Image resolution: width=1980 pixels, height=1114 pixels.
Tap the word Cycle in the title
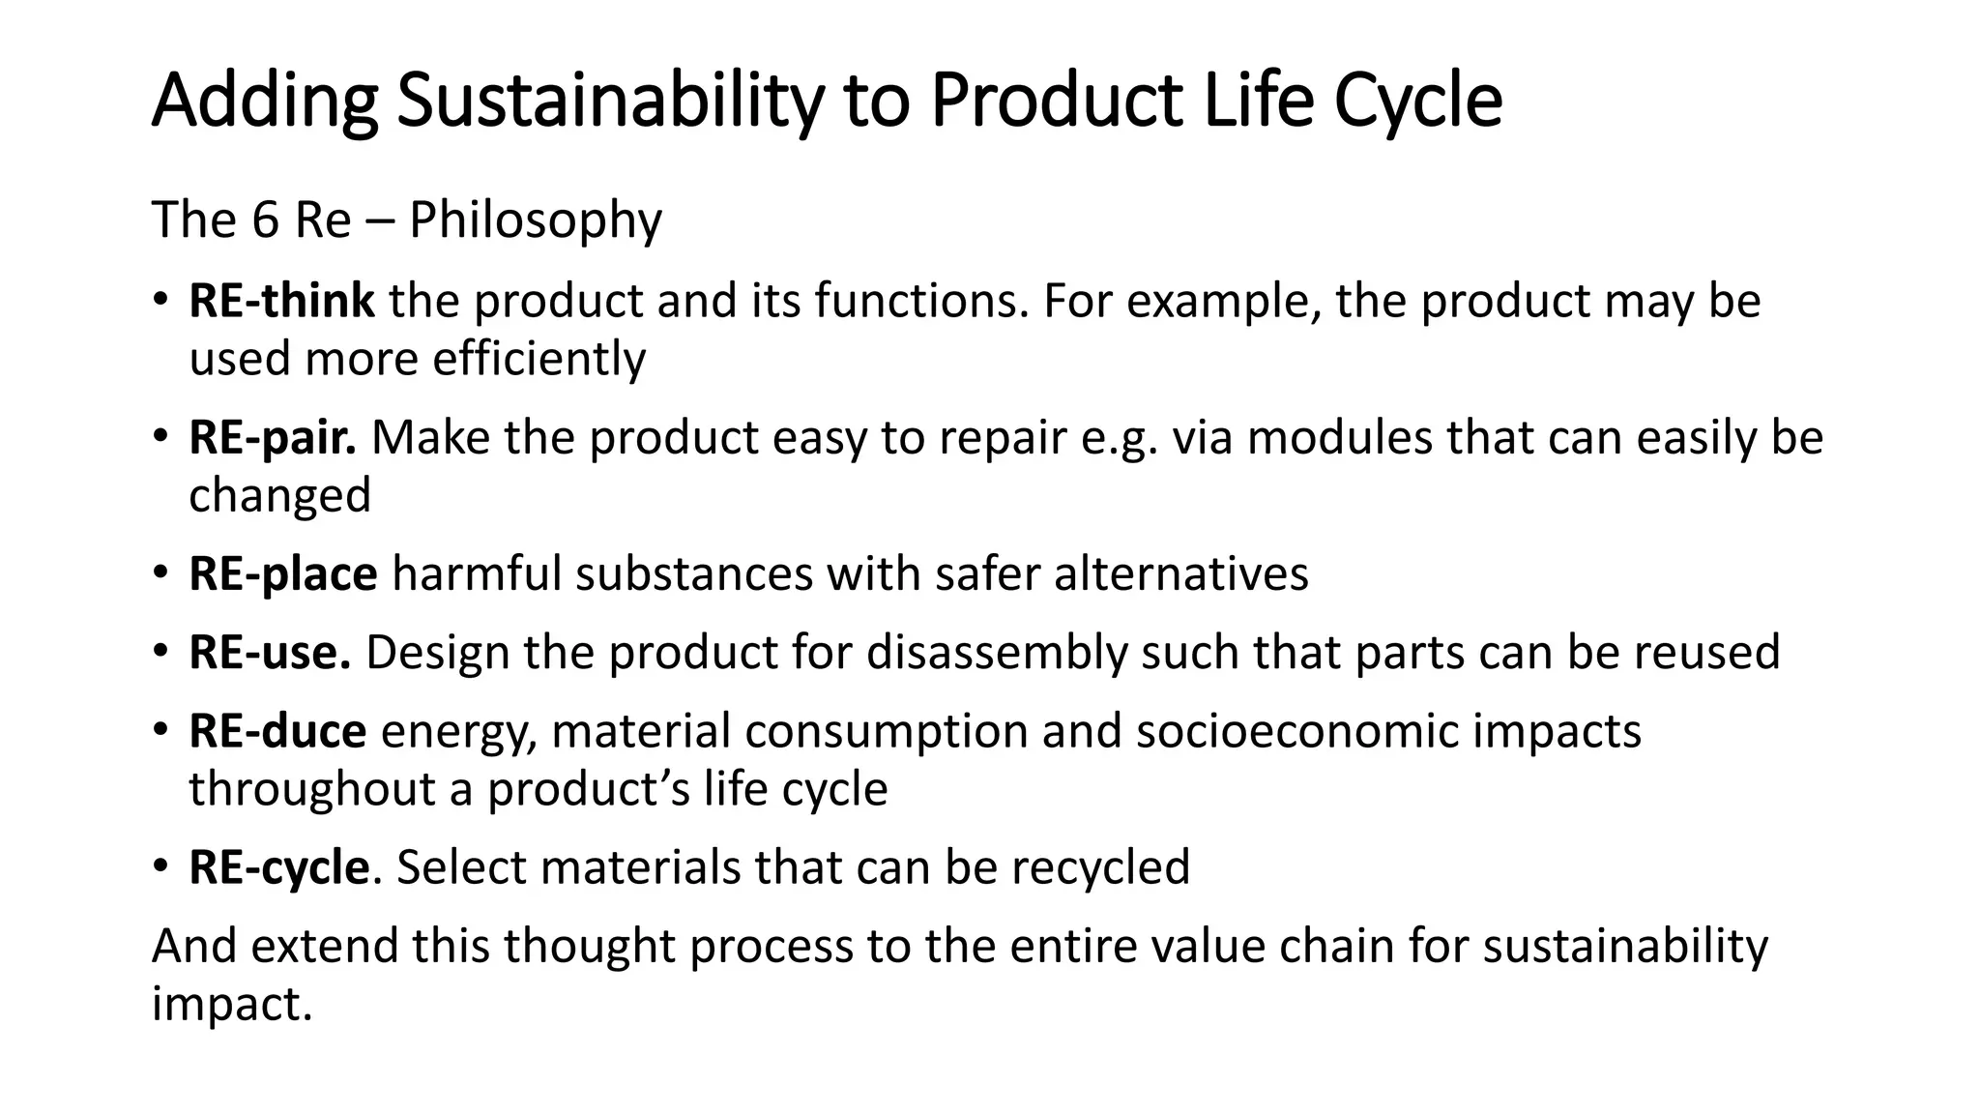pos(1418,101)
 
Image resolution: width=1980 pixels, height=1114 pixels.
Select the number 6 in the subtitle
pos(265,220)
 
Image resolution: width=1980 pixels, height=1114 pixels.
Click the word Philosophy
pos(536,221)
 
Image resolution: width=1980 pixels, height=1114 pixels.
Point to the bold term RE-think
pos(281,301)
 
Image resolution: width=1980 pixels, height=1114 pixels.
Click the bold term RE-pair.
pos(273,438)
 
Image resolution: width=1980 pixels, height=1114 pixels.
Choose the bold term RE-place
pos(283,574)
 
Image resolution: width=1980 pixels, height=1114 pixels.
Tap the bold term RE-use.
pos(270,653)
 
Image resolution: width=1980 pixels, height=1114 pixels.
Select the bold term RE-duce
pos(277,731)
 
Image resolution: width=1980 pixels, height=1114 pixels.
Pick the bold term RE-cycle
pos(279,867)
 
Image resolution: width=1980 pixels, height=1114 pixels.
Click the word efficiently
pos(539,360)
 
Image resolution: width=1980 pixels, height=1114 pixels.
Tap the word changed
pos(279,495)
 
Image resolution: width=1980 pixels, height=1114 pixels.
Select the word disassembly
pos(997,653)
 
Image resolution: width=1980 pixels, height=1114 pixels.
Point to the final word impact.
pos(232,1005)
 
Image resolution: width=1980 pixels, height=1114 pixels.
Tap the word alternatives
pos(1180,574)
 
